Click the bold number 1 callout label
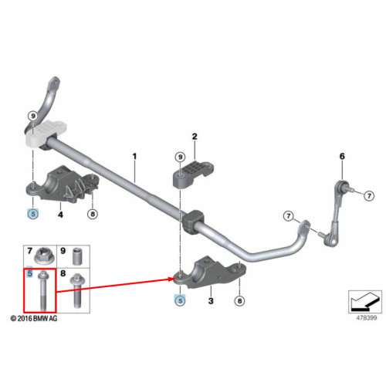[x=134, y=156]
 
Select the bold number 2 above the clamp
[x=195, y=137]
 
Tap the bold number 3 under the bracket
[x=211, y=300]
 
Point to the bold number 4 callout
[x=60, y=215]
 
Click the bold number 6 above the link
[x=342, y=156]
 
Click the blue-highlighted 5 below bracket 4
[x=33, y=214]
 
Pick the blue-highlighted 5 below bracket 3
[x=180, y=300]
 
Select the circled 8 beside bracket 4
[x=93, y=214]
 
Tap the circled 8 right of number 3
[x=239, y=300]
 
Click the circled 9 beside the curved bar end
[x=33, y=116]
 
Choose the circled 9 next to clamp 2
[x=180, y=157]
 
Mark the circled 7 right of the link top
[x=369, y=196]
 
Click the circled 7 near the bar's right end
[x=288, y=216]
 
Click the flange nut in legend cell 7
[x=45, y=256]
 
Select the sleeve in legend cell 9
[x=77, y=256]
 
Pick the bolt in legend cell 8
[x=76, y=291]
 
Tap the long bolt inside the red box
[x=42, y=291]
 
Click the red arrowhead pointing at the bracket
[x=170, y=279]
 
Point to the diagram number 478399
[x=367, y=317]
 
